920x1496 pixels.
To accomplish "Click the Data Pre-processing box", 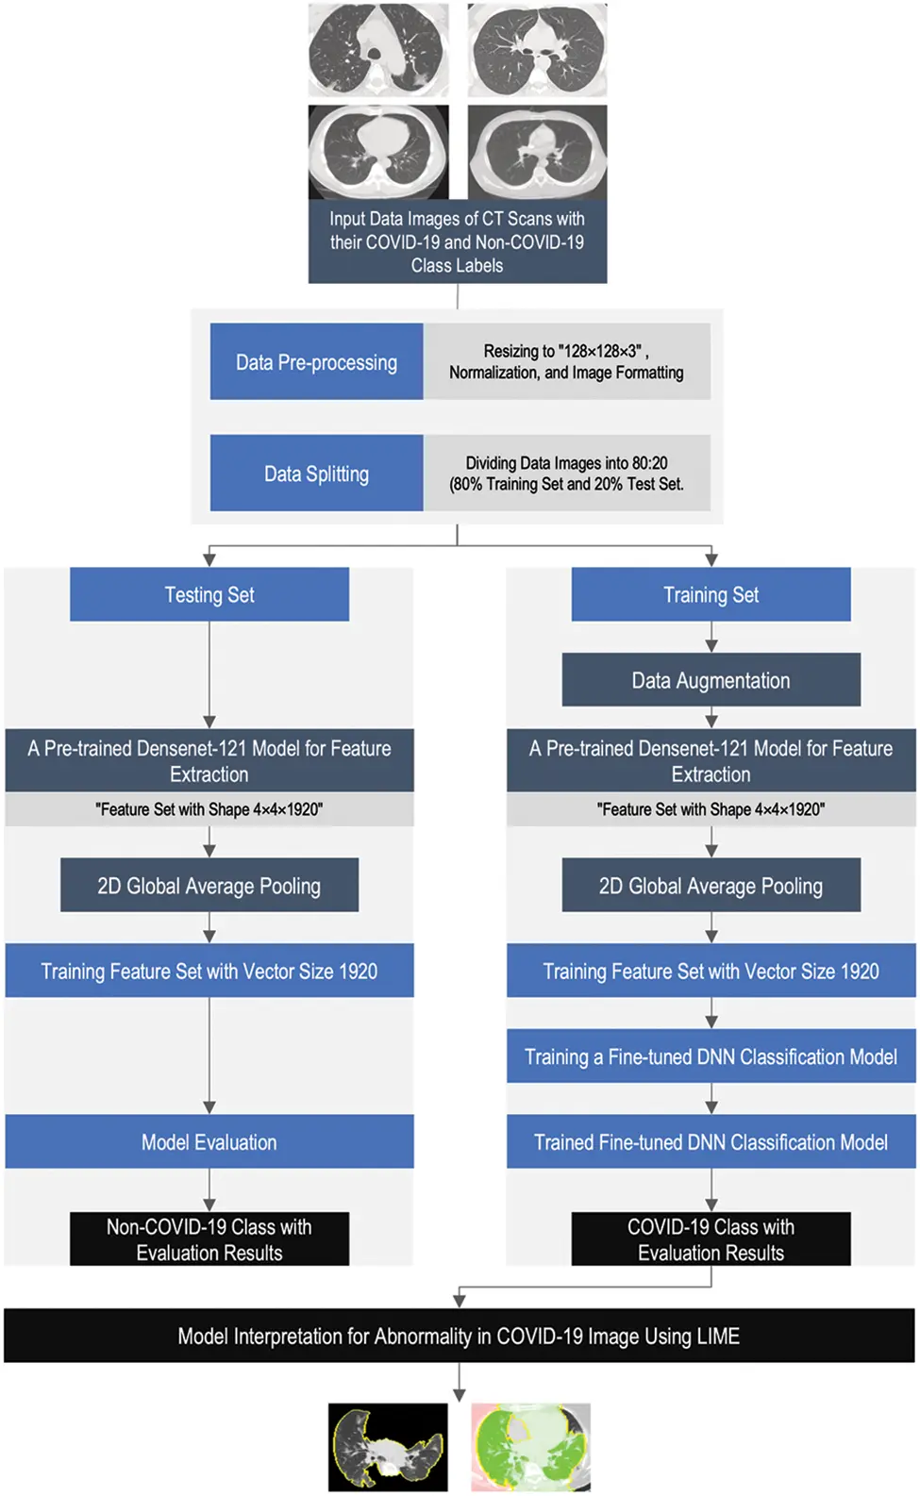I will (x=316, y=362).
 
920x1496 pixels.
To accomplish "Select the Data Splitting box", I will (x=316, y=474).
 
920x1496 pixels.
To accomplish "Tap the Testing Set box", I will (x=209, y=594).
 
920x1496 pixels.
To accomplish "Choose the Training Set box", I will (x=711, y=594).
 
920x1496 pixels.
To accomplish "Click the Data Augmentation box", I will (x=711, y=680).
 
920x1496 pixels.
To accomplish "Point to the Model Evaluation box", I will (x=209, y=1142).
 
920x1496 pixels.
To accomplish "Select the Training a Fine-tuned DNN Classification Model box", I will (x=711, y=1056).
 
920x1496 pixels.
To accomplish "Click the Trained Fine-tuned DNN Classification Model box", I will (x=711, y=1142).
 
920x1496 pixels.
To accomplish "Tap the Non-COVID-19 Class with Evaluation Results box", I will (x=209, y=1239).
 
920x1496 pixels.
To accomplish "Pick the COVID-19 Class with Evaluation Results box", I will (x=711, y=1239).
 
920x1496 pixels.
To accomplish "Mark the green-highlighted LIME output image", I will (x=531, y=1447).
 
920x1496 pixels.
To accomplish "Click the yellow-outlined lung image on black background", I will (x=388, y=1447).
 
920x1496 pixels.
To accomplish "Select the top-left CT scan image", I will (x=378, y=49).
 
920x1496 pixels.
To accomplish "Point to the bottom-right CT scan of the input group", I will (x=537, y=151).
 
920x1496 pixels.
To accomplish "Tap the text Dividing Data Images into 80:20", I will (x=566, y=463).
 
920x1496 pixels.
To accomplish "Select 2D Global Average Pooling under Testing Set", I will (x=209, y=886).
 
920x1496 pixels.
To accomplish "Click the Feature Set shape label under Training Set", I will (x=711, y=809).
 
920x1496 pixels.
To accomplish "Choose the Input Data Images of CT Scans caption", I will (x=457, y=241).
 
